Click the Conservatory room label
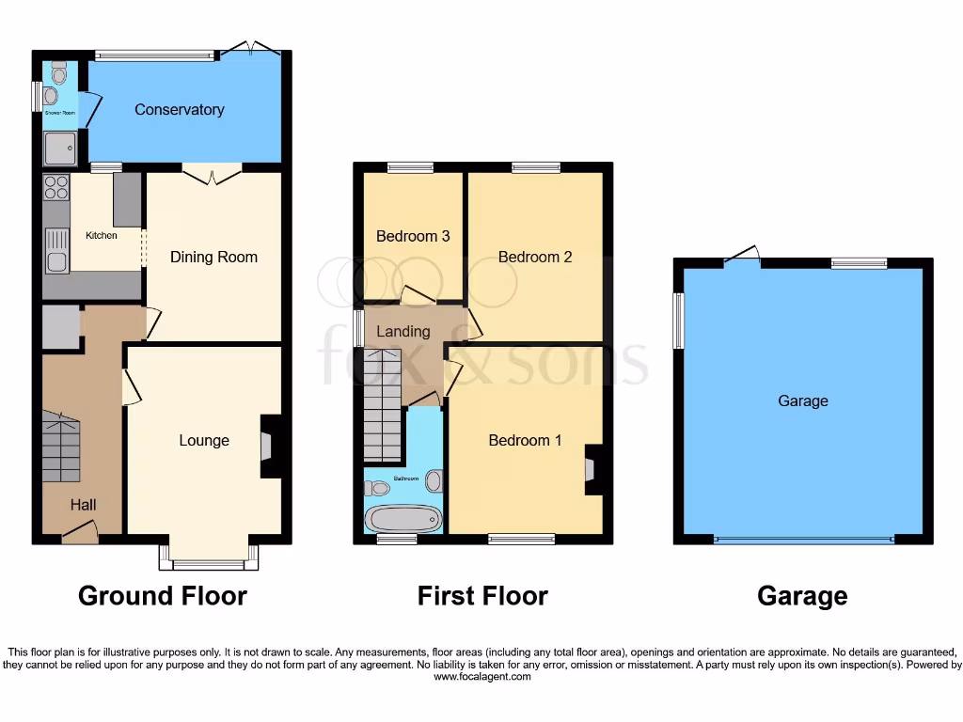point(179,110)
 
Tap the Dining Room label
point(213,257)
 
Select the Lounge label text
point(204,440)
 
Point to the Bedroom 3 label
point(413,236)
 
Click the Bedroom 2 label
point(535,257)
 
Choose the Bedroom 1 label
point(526,440)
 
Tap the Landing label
point(403,331)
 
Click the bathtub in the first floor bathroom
point(403,518)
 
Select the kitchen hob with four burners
point(56,187)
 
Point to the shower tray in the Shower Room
point(59,147)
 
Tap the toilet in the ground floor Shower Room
point(59,74)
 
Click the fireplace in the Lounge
point(267,447)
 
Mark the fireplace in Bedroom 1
point(592,469)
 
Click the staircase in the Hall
point(60,447)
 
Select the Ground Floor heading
point(163,596)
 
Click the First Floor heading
point(482,596)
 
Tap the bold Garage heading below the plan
point(802,596)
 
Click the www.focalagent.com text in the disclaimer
point(482,676)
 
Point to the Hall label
point(83,505)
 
